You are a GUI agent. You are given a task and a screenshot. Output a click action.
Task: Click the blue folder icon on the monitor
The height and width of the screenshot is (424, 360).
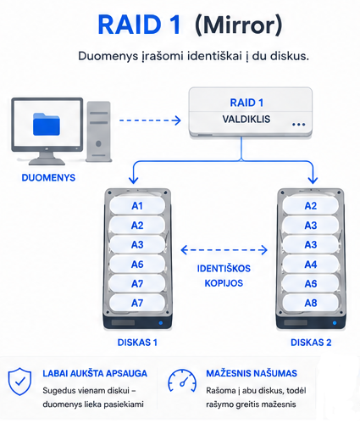pos(47,124)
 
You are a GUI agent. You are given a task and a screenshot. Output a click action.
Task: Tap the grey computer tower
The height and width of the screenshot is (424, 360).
pos(98,131)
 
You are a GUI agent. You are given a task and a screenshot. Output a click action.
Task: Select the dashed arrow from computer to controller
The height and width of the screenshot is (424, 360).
pos(150,120)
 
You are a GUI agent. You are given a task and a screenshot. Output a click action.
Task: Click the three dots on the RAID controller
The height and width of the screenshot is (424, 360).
pos(299,125)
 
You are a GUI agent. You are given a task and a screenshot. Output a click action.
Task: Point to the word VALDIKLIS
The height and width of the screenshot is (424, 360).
pos(246,120)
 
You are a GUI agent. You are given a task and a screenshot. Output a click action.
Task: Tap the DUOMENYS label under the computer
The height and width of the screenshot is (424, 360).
pos(48,177)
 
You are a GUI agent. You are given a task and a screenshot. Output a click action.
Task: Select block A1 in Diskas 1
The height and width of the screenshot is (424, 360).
pos(137,205)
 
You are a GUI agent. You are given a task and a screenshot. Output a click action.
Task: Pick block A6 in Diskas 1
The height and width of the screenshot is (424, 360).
pos(137,265)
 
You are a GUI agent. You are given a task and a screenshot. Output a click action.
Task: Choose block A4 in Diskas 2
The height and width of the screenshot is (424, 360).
pos(311,265)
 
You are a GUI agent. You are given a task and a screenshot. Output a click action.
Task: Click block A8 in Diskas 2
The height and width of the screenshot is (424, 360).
pos(311,303)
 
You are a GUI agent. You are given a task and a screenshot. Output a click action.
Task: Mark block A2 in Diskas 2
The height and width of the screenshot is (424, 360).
pos(311,205)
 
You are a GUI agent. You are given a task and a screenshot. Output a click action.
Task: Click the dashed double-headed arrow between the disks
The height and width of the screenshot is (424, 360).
pos(224,250)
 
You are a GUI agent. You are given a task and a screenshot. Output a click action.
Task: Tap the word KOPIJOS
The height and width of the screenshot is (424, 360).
pos(224,283)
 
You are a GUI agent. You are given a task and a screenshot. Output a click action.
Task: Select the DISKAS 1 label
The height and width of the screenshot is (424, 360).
pos(137,343)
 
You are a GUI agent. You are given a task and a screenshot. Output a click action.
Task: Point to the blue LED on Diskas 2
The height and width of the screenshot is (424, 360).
pos(335,323)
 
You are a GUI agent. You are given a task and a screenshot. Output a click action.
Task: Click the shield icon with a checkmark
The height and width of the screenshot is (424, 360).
pos(19,382)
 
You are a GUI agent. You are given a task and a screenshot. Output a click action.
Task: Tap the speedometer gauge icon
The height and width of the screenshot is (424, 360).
pos(182,381)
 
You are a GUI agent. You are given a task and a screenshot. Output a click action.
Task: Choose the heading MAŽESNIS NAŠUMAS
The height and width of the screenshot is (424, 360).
pos(252,373)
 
